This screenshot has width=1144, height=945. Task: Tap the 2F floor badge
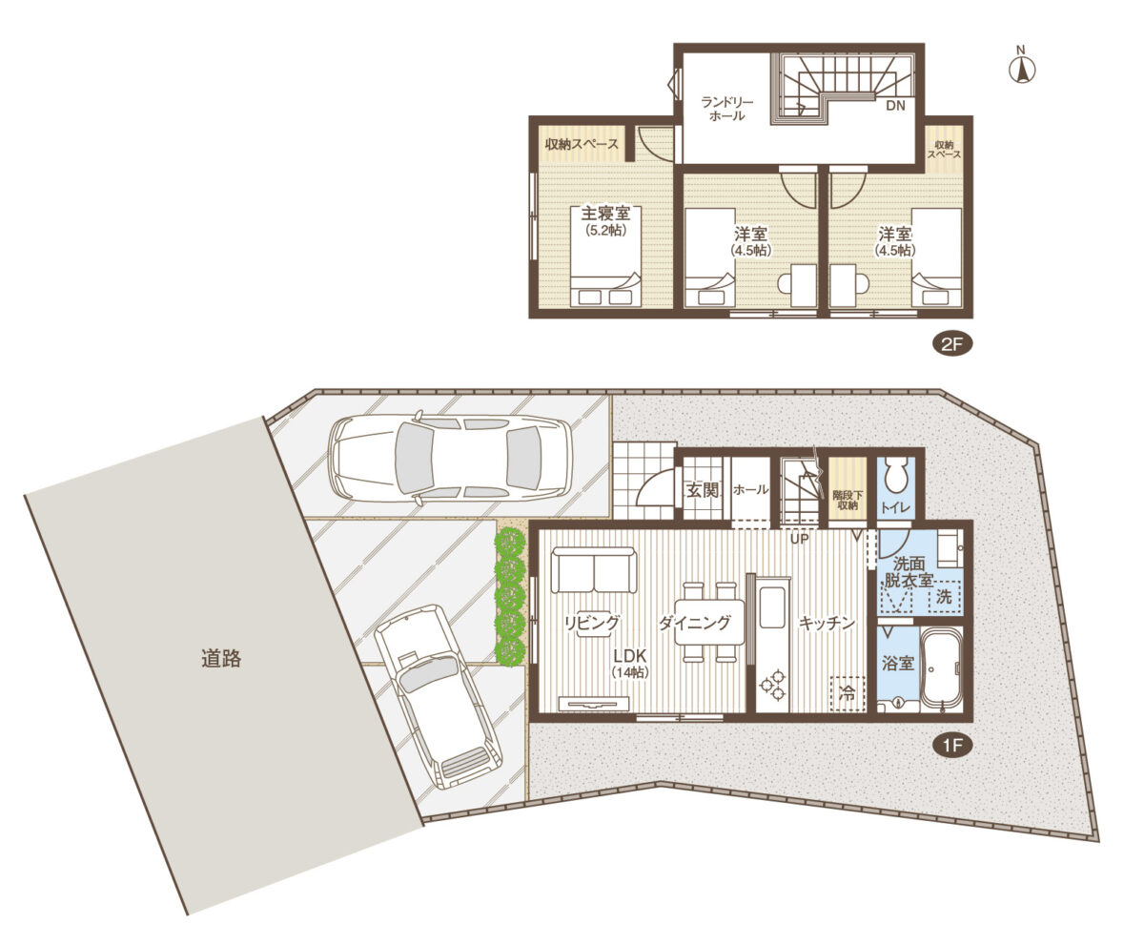tap(951, 344)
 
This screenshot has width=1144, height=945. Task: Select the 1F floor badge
tap(951, 746)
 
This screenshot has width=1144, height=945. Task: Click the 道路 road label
tap(221, 659)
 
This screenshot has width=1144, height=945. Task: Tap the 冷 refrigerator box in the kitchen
tap(848, 693)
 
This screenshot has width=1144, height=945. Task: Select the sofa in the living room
tap(595, 569)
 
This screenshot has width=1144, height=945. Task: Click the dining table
tap(709, 622)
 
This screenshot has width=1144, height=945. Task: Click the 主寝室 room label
tap(605, 213)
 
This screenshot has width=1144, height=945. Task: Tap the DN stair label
tap(896, 106)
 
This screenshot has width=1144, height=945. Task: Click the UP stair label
tap(800, 539)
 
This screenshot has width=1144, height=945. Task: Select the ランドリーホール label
tap(727, 109)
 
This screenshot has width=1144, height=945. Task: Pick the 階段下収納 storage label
tap(848, 500)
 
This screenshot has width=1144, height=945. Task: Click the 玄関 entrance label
tap(702, 490)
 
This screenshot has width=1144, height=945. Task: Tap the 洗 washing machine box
tap(944, 596)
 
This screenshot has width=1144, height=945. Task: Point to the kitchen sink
tap(773, 606)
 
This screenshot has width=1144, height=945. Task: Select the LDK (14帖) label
tap(630, 664)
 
